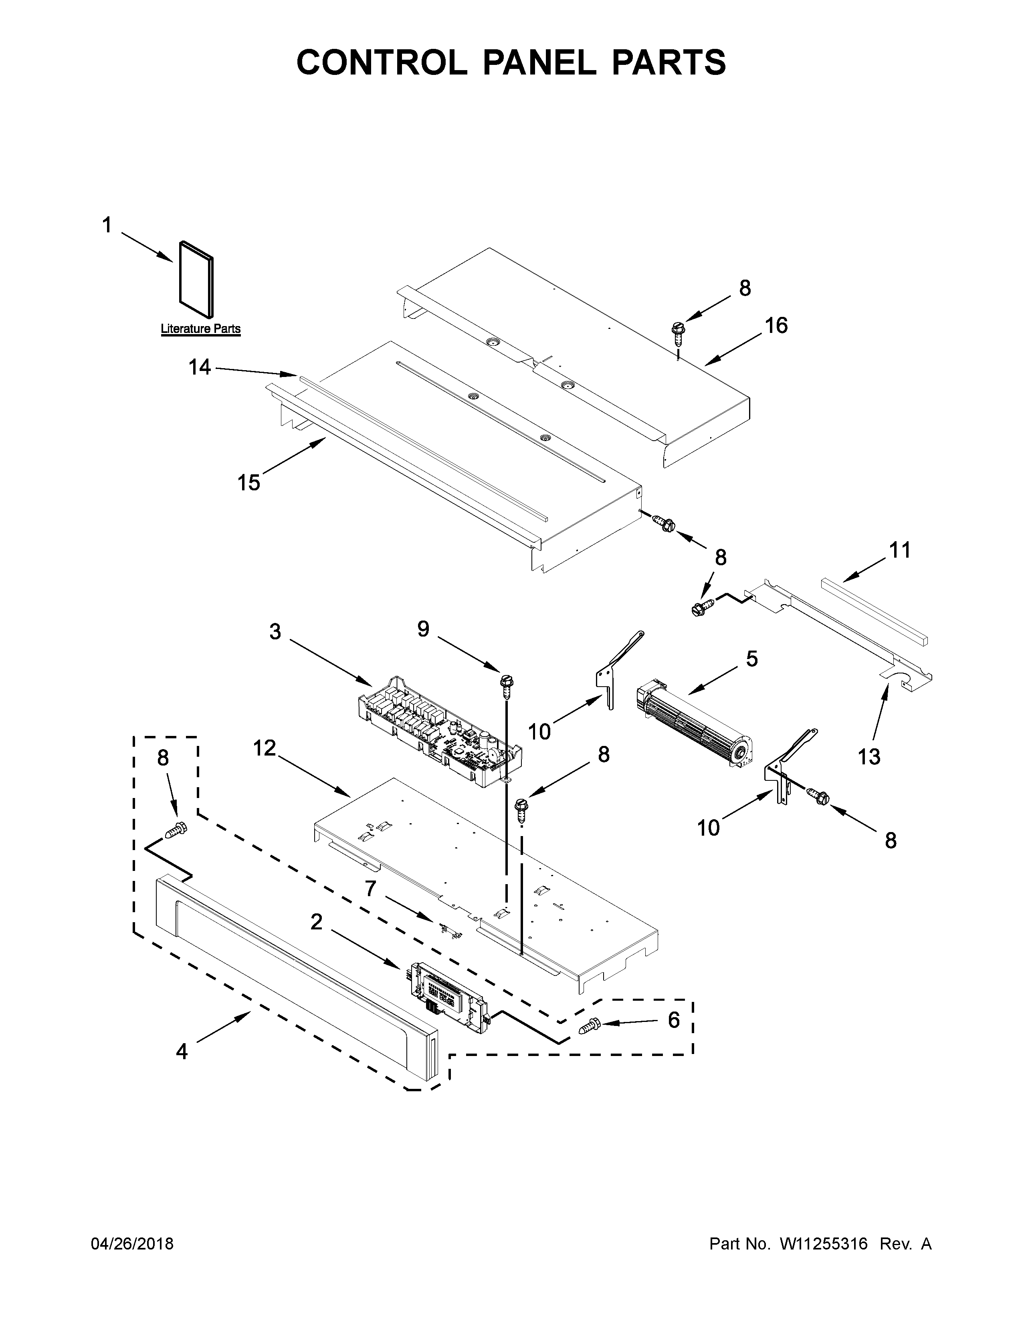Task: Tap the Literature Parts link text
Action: click(200, 329)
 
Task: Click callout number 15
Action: click(248, 483)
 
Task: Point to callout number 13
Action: click(869, 756)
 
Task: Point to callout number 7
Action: click(371, 889)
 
